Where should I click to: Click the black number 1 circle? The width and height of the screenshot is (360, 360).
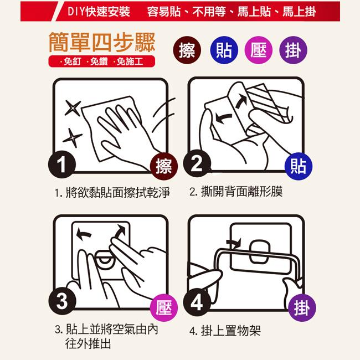62,164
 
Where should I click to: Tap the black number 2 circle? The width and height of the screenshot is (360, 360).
197,163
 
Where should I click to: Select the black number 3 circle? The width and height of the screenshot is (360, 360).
62,301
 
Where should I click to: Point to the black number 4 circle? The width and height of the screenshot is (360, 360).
197,302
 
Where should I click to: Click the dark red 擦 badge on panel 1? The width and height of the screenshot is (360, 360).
164,166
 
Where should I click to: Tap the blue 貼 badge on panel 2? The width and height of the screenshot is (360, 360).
299,166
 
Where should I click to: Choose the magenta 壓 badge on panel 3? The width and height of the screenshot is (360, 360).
164,307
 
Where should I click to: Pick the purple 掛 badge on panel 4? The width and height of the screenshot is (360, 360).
302,307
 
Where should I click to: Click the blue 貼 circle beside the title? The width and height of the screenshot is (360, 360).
224,50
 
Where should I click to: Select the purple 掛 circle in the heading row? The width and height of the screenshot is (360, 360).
293,50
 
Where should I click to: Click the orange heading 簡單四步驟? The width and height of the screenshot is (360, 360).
102,42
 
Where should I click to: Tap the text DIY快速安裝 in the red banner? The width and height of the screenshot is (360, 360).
99,12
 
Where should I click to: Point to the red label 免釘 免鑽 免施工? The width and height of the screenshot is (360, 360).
102,61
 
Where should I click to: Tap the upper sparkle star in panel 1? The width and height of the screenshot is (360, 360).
73,107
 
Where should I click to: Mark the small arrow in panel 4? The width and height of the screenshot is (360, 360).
234,243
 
